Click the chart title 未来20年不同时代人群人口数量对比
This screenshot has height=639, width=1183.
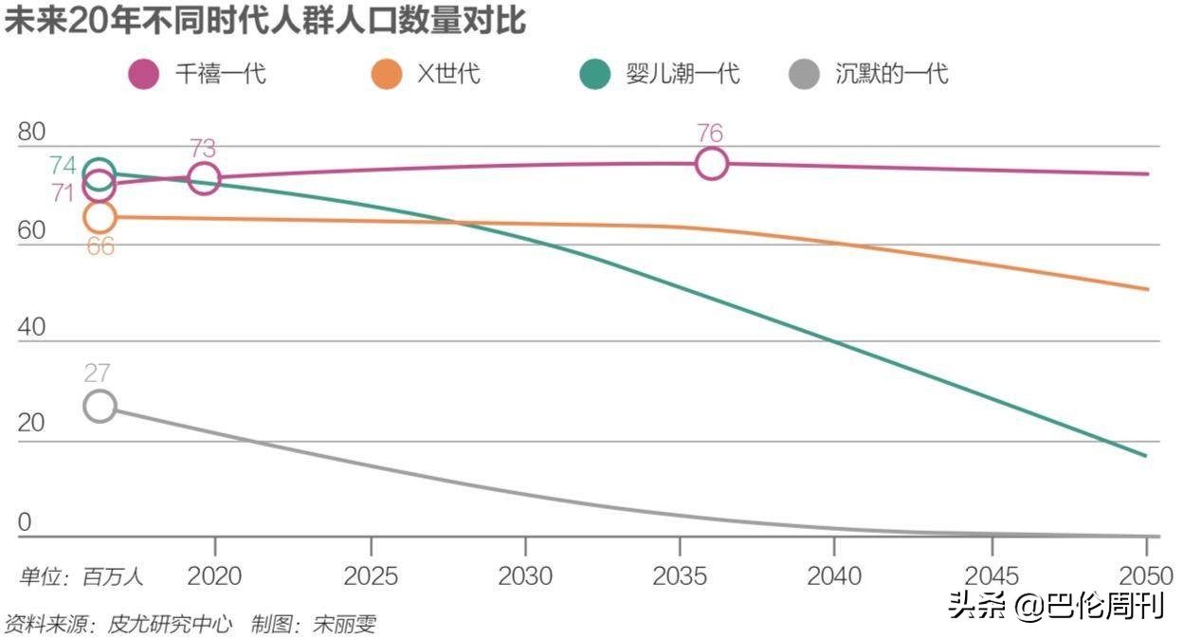(x=264, y=20)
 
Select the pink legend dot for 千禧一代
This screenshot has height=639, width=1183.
(x=144, y=74)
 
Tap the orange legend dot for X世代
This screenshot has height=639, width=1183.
(x=387, y=74)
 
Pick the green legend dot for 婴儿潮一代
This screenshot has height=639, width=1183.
(x=594, y=74)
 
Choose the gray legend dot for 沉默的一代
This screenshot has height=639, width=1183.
(x=804, y=74)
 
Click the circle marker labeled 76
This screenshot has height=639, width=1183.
(x=712, y=164)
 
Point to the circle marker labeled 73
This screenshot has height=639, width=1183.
(x=204, y=177)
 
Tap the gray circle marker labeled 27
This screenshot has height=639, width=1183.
(x=100, y=406)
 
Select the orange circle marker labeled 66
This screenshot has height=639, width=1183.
(x=100, y=217)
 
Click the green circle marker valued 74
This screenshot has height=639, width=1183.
(x=100, y=172)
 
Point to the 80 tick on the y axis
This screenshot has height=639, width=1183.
(x=31, y=132)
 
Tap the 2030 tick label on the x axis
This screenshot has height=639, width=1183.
(x=525, y=575)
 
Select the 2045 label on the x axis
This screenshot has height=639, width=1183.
(x=992, y=575)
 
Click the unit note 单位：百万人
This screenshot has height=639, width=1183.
(x=82, y=575)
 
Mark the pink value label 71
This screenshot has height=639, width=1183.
(x=63, y=192)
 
